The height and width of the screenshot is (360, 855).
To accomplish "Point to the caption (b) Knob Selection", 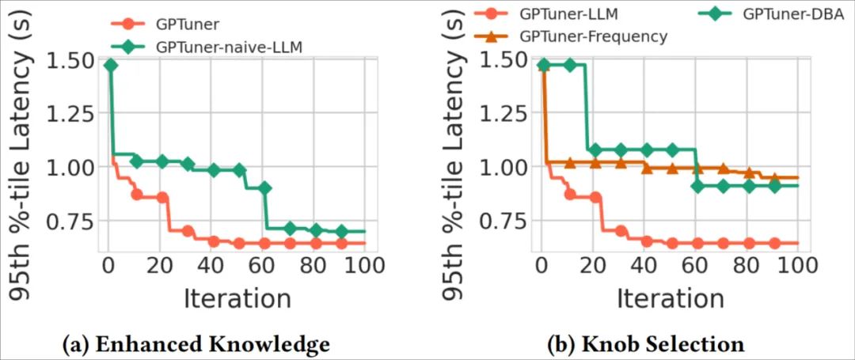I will tap(645, 343).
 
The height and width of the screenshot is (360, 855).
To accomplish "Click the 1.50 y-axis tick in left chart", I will tap(74, 60).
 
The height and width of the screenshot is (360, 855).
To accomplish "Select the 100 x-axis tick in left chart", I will tap(365, 263).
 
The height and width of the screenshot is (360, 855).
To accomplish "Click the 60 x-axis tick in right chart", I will tap(696, 263).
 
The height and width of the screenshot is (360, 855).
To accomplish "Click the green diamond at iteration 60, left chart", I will tap(265, 188).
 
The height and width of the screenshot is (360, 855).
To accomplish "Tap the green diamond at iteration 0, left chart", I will tap(111, 65).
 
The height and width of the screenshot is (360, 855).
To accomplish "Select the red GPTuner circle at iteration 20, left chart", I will tap(162, 197).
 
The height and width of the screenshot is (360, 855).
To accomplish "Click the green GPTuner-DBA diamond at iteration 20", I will tap(595, 150).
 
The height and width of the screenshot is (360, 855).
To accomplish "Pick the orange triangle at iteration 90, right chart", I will tap(774, 179).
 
